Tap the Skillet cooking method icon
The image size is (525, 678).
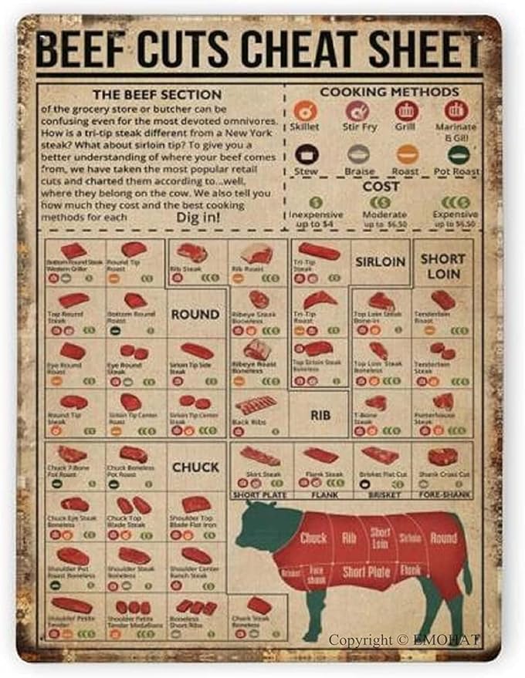pyautogui.click(x=304, y=111)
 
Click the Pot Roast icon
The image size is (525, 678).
pyautogui.click(x=459, y=154)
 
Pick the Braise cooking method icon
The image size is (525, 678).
pyautogui.click(x=357, y=154)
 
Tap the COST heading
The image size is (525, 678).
pyautogui.click(x=381, y=186)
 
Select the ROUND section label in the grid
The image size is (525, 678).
pyautogui.click(x=195, y=314)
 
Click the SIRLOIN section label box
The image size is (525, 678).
pyautogui.click(x=381, y=261)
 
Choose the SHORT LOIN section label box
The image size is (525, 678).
pyautogui.click(x=442, y=266)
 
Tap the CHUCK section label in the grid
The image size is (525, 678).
pyautogui.click(x=196, y=467)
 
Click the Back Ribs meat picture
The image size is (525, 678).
pyautogui.click(x=256, y=404)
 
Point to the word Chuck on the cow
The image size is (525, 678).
pyautogui.click(x=313, y=538)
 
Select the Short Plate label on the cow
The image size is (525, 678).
pyautogui.click(x=366, y=572)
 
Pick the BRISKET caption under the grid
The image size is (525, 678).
pyautogui.click(x=381, y=494)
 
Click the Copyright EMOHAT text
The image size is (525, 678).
pyautogui.click(x=404, y=639)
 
